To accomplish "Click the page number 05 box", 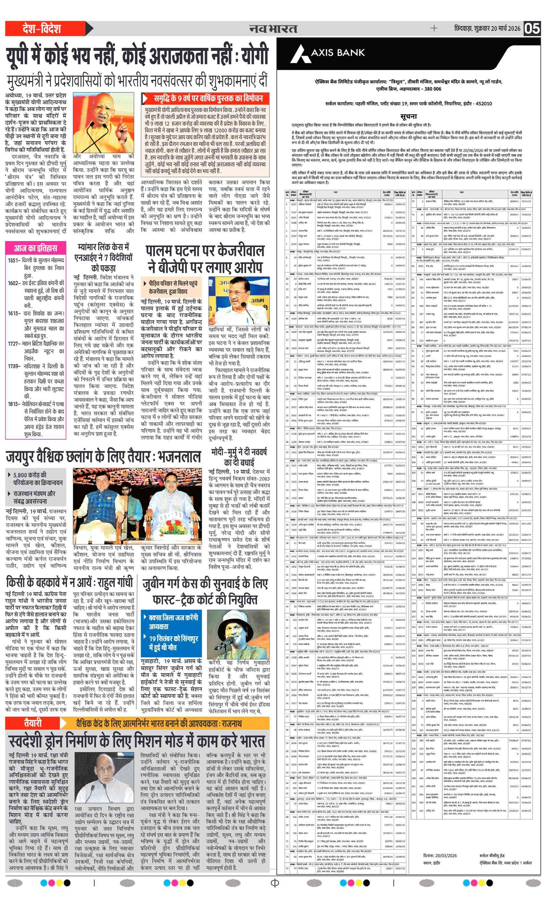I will click(x=532, y=29).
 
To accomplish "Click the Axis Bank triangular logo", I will click(x=301, y=54).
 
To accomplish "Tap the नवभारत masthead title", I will click(x=273, y=29).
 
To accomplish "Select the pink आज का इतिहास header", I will click(x=36, y=248).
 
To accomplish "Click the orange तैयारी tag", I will click(x=33, y=723).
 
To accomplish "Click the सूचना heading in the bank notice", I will click(x=408, y=116).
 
